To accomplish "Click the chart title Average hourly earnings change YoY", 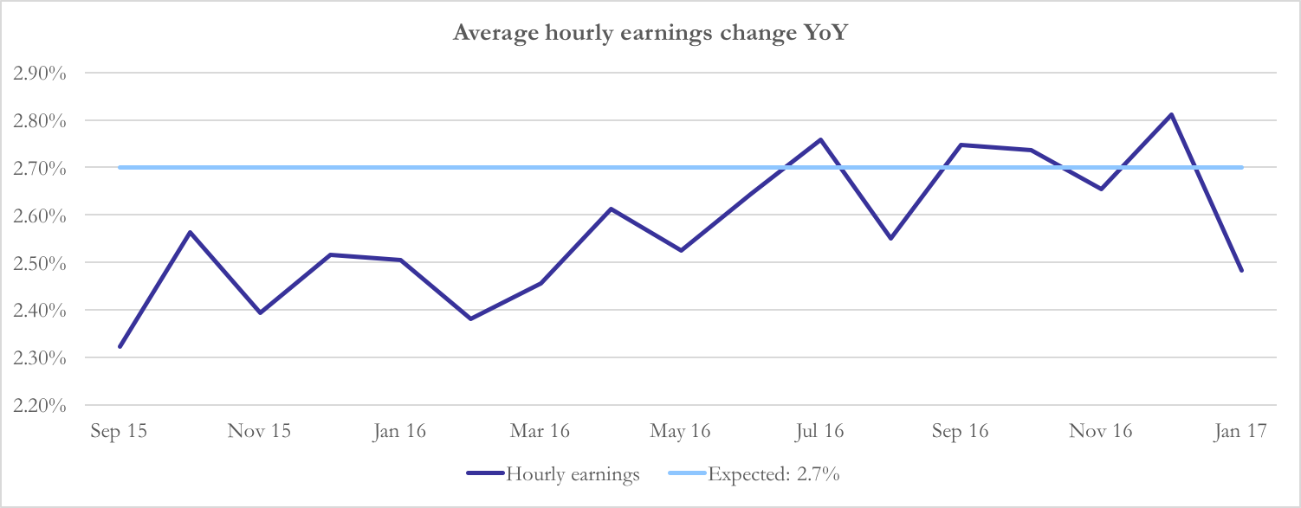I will click(x=650, y=34).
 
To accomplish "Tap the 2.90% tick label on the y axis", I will click(x=41, y=73).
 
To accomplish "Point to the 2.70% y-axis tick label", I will click(x=41, y=168).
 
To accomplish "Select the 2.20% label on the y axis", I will click(x=41, y=405).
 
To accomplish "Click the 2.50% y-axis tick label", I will click(x=41, y=263).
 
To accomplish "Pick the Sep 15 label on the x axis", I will click(x=119, y=431).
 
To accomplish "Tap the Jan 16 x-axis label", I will click(x=399, y=431).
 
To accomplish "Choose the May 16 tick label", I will click(x=680, y=431).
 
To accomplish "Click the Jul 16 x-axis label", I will click(x=820, y=431).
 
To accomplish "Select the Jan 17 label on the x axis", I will click(x=1241, y=431).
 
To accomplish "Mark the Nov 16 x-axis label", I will click(x=1101, y=431).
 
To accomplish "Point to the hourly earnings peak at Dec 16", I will click(x=1171, y=114).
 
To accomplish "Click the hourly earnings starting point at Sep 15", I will click(x=120, y=347).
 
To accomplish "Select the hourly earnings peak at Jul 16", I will click(x=820, y=139).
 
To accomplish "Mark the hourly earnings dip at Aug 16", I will click(x=890, y=238).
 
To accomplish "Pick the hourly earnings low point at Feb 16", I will click(x=470, y=319).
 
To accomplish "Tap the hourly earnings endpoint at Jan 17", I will click(x=1241, y=271).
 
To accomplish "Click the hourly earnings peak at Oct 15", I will click(x=190, y=232).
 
